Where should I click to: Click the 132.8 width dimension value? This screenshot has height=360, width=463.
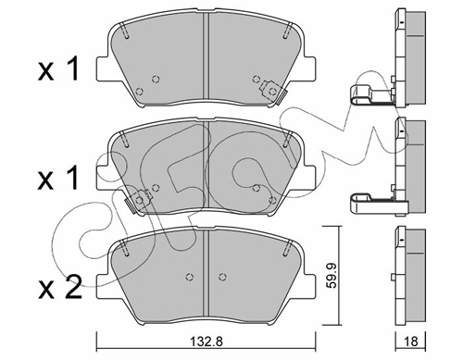(x=206, y=341)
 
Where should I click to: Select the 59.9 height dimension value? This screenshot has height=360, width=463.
(x=332, y=275)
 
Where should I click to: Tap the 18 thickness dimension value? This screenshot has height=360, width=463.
(x=410, y=341)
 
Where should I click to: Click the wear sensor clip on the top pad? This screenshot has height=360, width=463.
(x=273, y=92)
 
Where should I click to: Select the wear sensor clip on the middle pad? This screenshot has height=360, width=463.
(x=138, y=201)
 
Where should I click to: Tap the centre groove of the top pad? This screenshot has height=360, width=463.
(x=206, y=56)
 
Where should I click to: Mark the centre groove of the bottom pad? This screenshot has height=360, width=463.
(x=206, y=275)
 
